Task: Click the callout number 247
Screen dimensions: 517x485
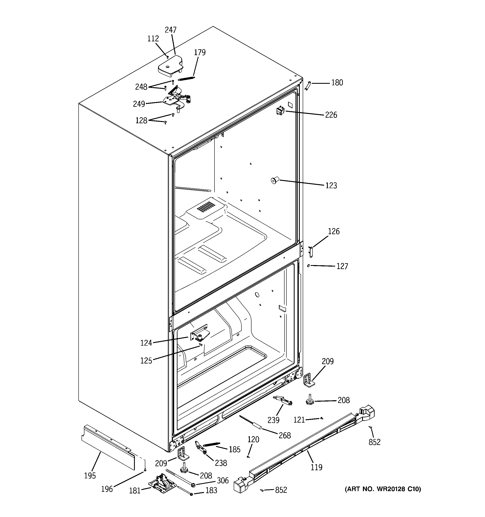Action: click(x=171, y=30)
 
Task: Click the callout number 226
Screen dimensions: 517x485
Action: click(x=331, y=115)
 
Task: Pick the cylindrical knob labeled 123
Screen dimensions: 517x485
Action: click(x=275, y=180)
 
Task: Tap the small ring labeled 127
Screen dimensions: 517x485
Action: click(x=309, y=265)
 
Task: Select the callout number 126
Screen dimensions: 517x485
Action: click(x=333, y=231)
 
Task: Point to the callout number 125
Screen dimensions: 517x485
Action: click(x=146, y=361)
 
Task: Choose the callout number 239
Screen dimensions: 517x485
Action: click(x=273, y=420)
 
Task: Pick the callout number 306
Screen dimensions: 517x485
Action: click(x=223, y=480)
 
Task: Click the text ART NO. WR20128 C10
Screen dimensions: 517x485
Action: click(x=383, y=489)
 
